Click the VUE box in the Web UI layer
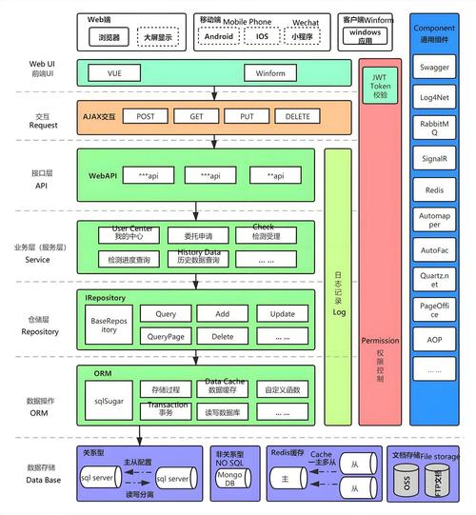114,72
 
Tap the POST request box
145,116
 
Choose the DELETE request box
299,116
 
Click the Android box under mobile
220,37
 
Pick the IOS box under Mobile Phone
263,37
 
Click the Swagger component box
435,69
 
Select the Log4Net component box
435,97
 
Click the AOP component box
435,339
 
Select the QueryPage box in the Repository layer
165,336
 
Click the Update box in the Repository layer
282,313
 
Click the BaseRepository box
109,326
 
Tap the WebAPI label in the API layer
104,176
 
